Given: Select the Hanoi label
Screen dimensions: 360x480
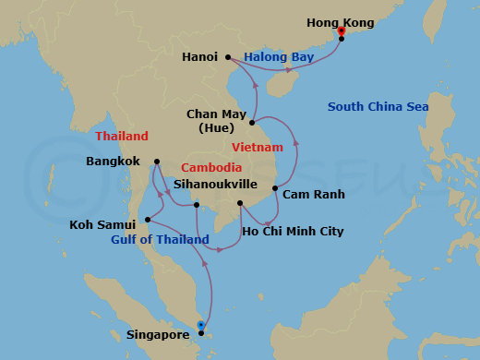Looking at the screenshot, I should (x=199, y=56).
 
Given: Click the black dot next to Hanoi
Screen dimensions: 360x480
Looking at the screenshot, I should (x=228, y=57).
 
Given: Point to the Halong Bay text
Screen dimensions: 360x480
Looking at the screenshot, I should (x=279, y=57).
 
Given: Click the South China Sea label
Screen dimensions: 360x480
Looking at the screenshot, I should (x=378, y=107).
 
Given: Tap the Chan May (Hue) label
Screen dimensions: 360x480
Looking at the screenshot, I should (x=215, y=120).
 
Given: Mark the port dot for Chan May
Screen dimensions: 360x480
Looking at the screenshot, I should (x=251, y=121).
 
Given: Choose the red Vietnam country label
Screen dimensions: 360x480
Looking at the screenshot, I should (x=258, y=147).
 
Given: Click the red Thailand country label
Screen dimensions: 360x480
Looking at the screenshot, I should (x=122, y=137).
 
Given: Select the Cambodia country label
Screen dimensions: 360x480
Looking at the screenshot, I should (x=211, y=167).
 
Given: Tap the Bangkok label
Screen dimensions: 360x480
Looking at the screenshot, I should (x=113, y=161).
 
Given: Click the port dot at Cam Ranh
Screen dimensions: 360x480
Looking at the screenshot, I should (x=275, y=188).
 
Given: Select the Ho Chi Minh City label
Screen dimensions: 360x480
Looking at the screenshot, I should (x=292, y=231).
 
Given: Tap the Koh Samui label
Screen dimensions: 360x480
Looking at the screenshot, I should (x=103, y=223).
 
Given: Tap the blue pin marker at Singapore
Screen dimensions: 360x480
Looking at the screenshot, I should (x=201, y=326).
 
